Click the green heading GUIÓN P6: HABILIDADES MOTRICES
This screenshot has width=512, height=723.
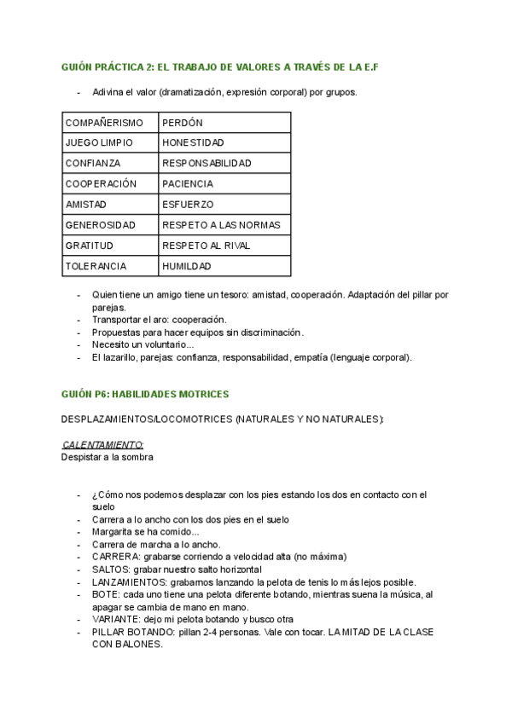145,395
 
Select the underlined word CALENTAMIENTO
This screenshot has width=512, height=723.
103,444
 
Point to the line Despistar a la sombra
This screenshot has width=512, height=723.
108,457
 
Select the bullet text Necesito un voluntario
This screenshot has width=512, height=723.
143,344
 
